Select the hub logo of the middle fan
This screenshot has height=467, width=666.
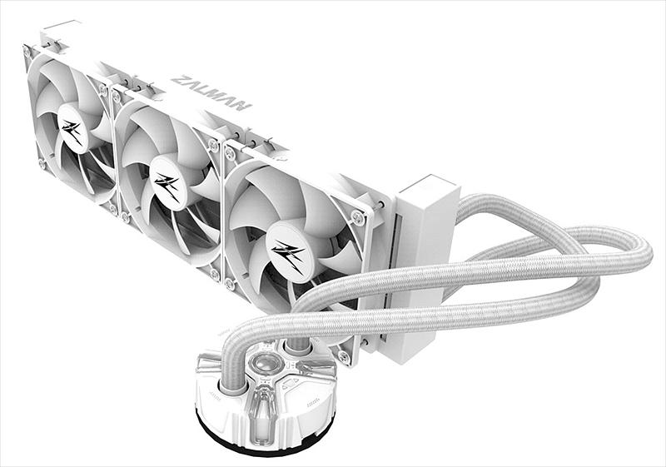pyautogui.click(x=167, y=184)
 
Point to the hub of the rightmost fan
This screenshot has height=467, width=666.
pyautogui.click(x=290, y=253)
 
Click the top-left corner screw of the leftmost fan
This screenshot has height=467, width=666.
pyautogui.click(x=27, y=52)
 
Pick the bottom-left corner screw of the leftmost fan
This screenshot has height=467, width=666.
pyautogui.click(x=41, y=163)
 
